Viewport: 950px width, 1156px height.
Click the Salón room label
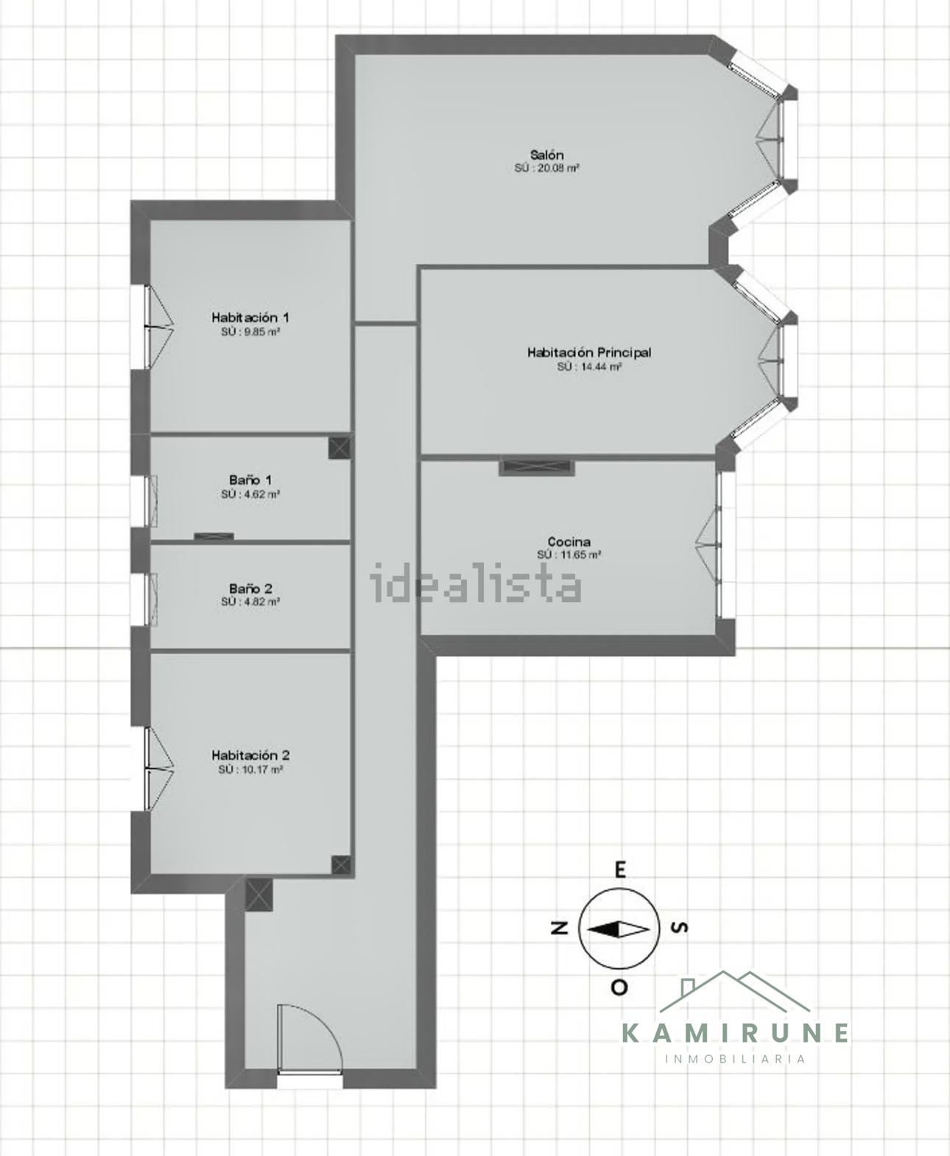546,155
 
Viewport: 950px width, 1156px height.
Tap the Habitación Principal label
589,353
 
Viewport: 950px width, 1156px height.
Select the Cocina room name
569,541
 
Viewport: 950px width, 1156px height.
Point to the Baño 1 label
250,480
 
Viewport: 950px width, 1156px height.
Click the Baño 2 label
250,589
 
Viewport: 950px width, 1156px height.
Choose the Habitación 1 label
250,317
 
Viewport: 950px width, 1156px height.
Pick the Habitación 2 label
250,755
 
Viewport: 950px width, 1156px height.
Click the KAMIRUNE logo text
736,1032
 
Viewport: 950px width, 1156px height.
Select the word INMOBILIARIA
736,1059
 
